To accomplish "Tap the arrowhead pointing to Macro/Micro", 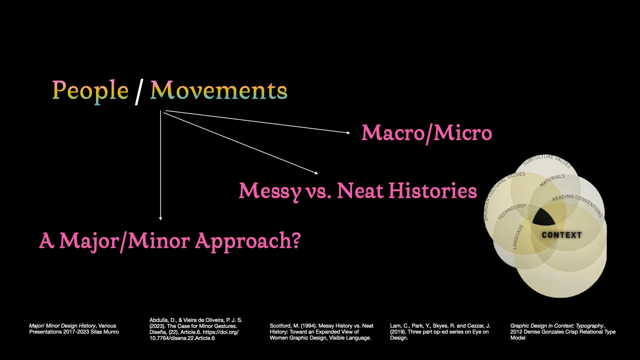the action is point(348,133).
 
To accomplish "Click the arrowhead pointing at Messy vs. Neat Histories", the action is point(316,173).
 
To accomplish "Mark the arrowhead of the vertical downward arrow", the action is point(161,218).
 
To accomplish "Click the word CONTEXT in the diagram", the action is point(562,235).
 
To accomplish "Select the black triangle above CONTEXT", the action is point(544,217).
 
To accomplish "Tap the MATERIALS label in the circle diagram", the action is point(552,180).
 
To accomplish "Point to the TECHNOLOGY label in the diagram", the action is point(512,211).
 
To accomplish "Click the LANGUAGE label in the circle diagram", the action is point(518,237).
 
